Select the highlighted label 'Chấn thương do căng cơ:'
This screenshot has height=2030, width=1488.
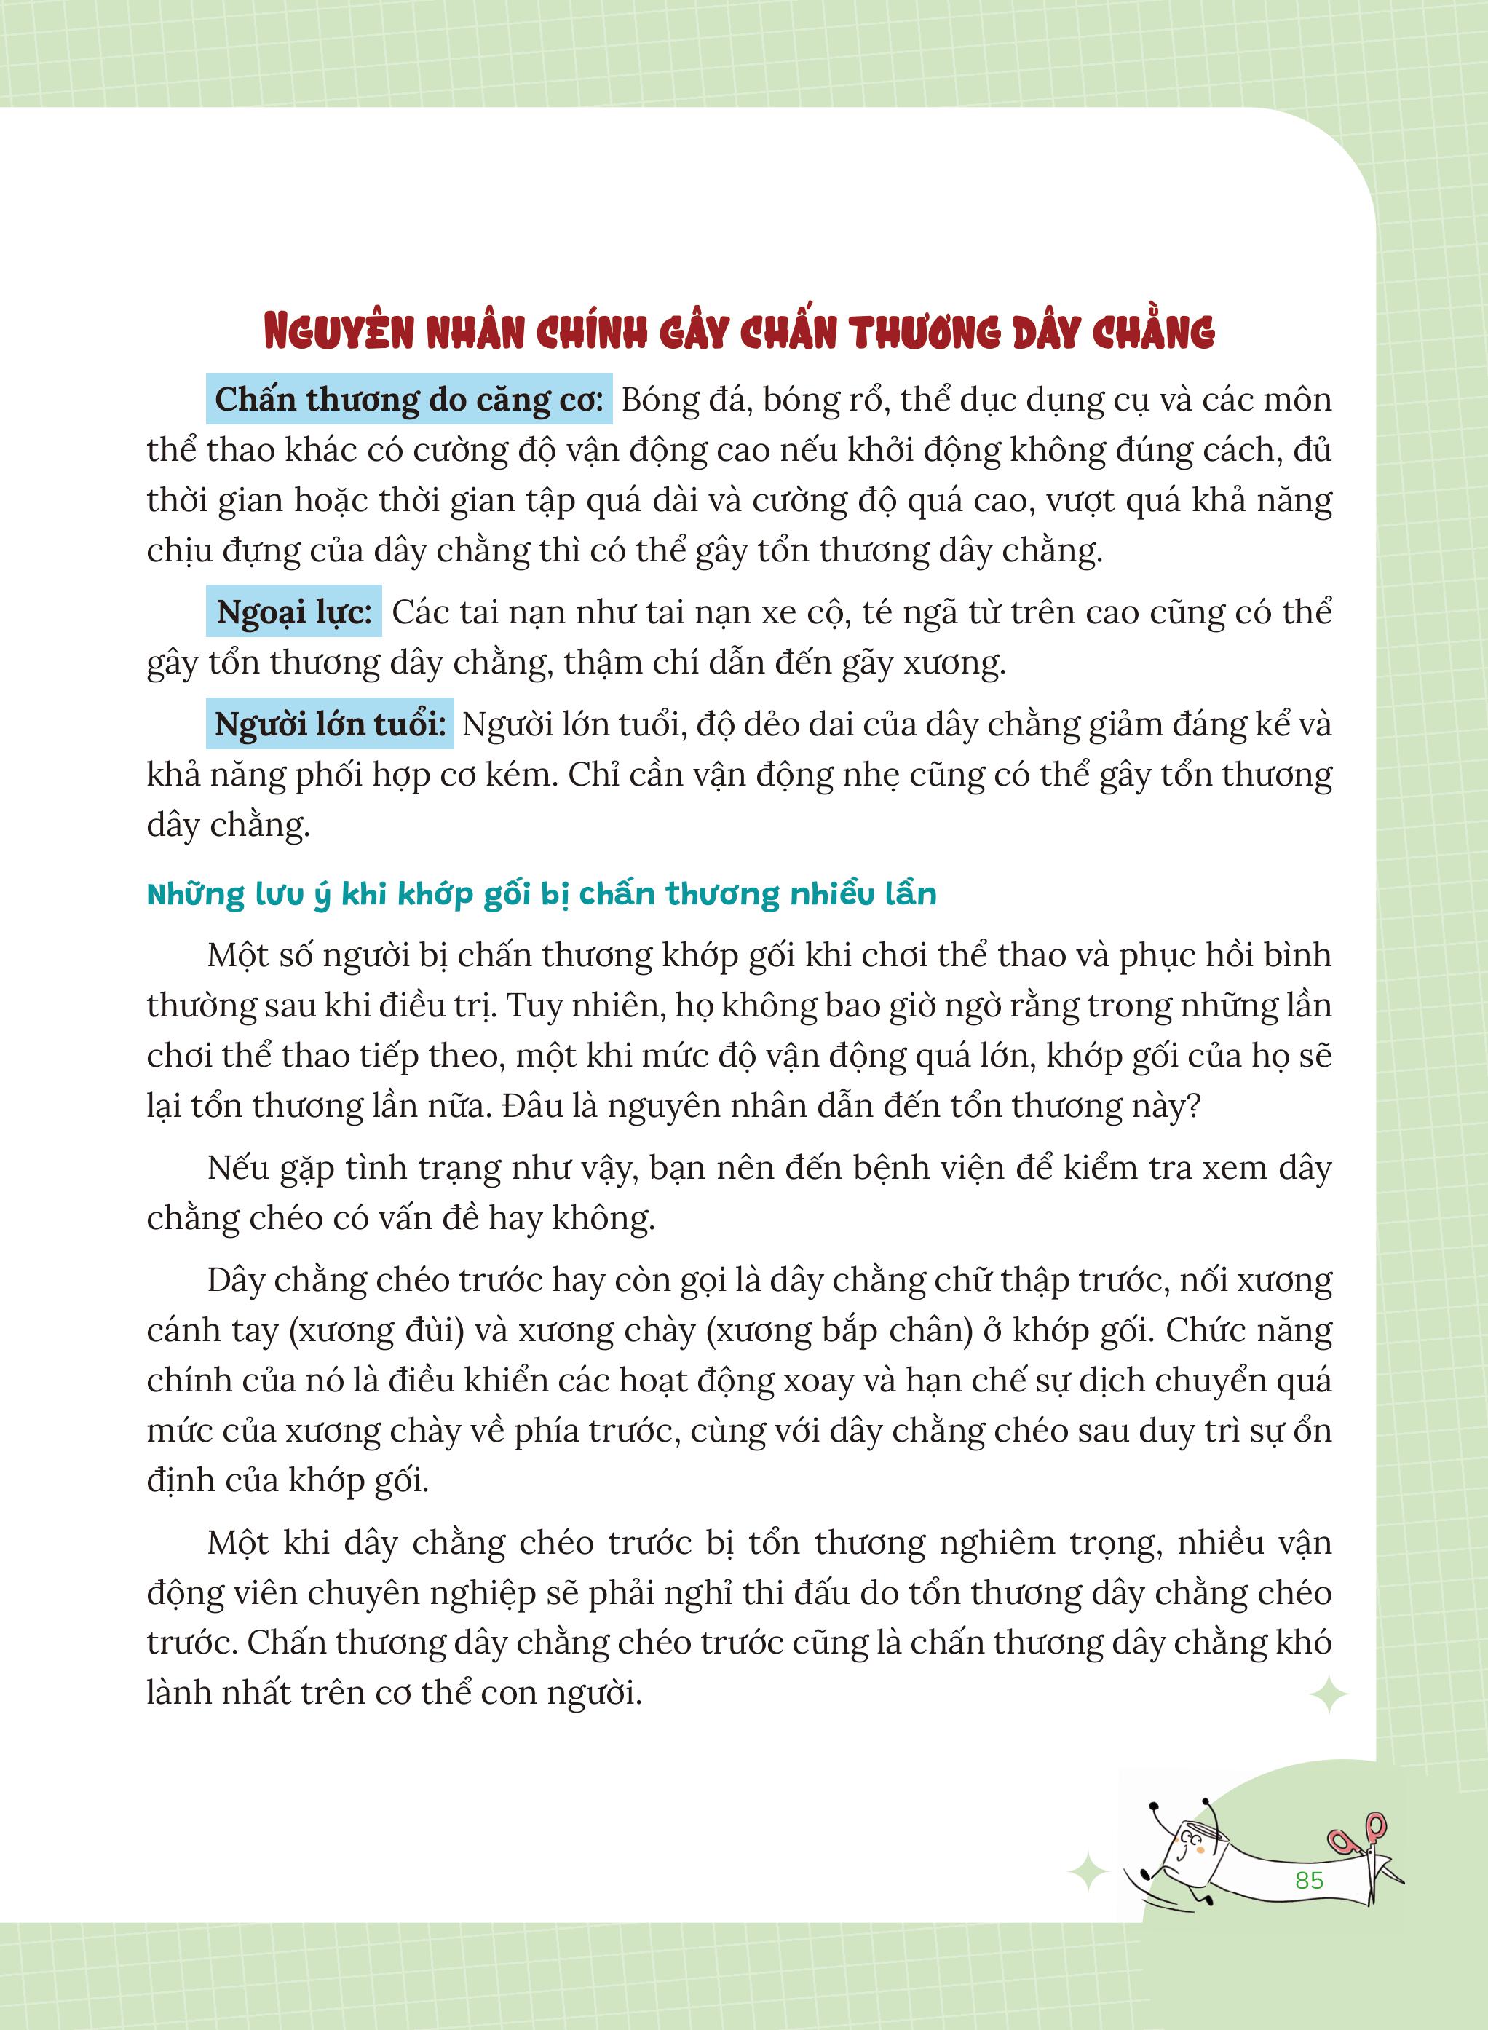click(x=409, y=399)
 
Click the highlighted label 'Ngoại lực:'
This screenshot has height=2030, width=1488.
click(x=293, y=612)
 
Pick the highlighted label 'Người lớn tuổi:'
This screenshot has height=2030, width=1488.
click(x=331, y=724)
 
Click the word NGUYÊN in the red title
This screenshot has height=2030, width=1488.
click(x=341, y=333)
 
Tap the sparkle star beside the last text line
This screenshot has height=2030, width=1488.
click(x=1329, y=1697)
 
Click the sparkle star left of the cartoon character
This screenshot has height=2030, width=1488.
click(x=1087, y=1872)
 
